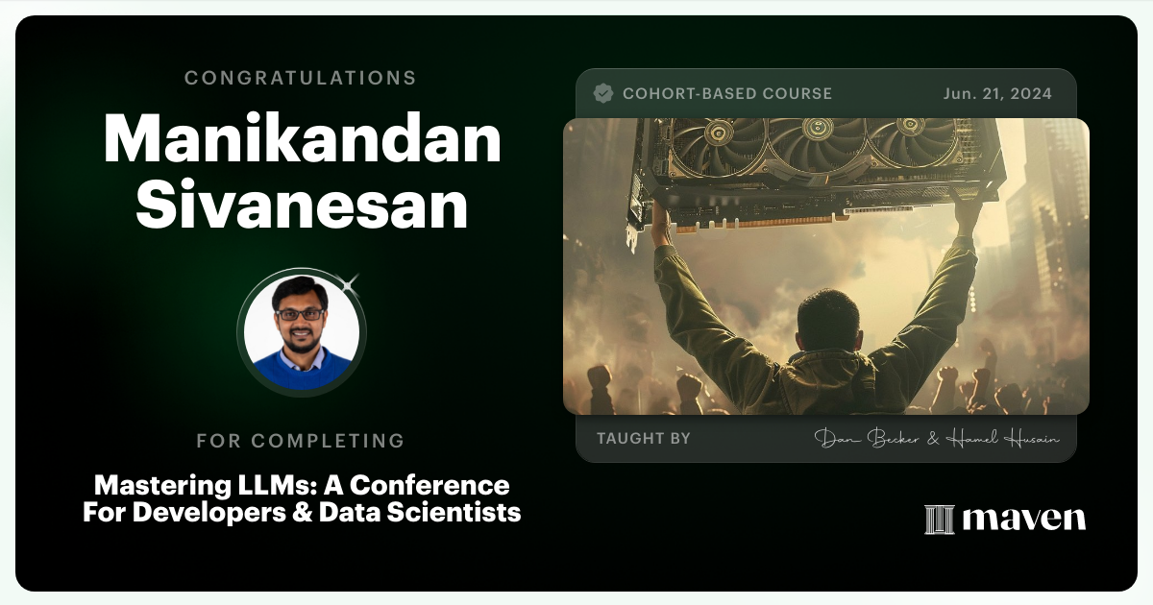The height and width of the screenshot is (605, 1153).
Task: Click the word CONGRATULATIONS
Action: [x=300, y=78]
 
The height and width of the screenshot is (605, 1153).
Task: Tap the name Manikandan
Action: [x=302, y=140]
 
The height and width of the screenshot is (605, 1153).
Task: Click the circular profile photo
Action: [x=302, y=332]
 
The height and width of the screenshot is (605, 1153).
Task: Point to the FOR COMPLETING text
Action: [x=300, y=441]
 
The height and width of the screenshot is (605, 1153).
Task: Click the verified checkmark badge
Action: [x=603, y=93]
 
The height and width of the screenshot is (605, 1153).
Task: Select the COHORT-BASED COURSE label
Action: [x=726, y=93]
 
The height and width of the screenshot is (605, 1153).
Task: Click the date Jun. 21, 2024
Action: [x=997, y=93]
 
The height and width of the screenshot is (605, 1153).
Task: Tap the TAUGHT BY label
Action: [x=643, y=439]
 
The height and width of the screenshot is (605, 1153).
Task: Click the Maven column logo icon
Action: [x=939, y=519]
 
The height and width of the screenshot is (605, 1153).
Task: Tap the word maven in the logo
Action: [x=1023, y=519]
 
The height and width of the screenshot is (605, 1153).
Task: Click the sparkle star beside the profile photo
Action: [x=350, y=282]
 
